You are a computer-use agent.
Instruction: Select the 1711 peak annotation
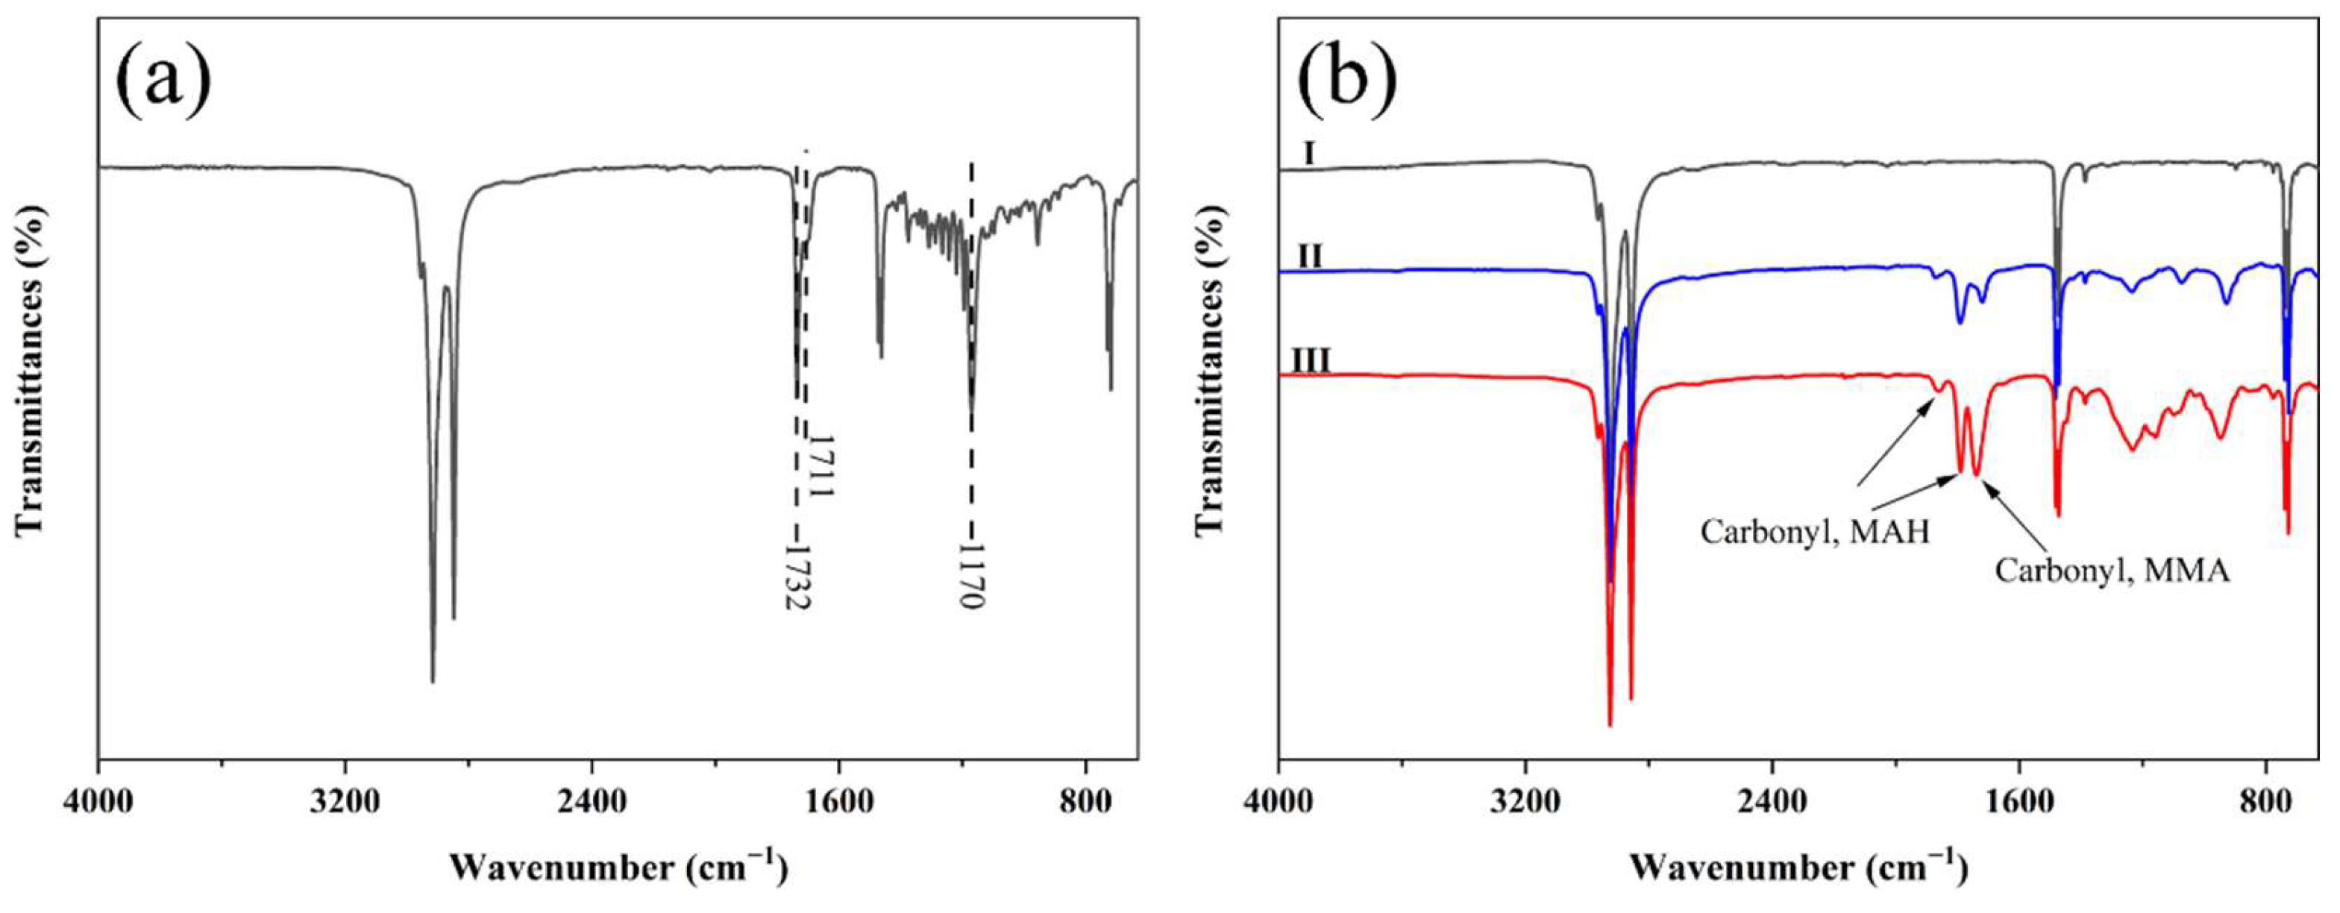tap(821, 464)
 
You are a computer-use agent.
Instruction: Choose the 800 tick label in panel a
tap(1085, 803)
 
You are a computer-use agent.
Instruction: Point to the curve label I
tap(1309, 178)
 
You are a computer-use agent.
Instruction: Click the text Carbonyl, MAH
tap(1815, 531)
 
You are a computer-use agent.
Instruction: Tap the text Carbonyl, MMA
tap(2112, 571)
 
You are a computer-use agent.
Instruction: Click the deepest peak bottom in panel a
tap(433, 680)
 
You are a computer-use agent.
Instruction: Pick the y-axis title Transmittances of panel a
tap(29, 370)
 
